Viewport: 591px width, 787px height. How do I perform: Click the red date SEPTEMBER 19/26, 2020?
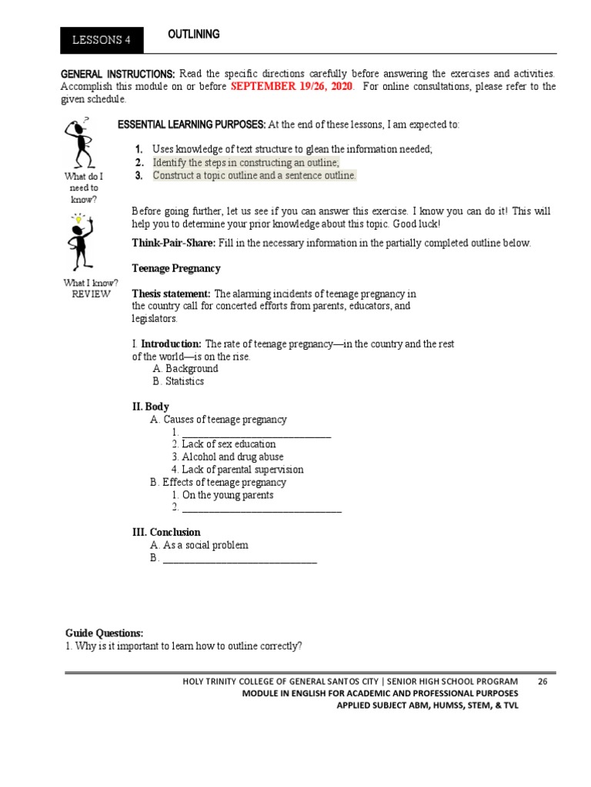click(292, 87)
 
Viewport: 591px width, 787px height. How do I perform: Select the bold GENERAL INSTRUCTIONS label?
click(118, 74)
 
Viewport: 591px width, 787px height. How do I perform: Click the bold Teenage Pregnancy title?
click(176, 268)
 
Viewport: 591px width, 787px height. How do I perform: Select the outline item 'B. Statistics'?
click(178, 381)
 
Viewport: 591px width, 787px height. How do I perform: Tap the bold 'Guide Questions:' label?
click(104, 633)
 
